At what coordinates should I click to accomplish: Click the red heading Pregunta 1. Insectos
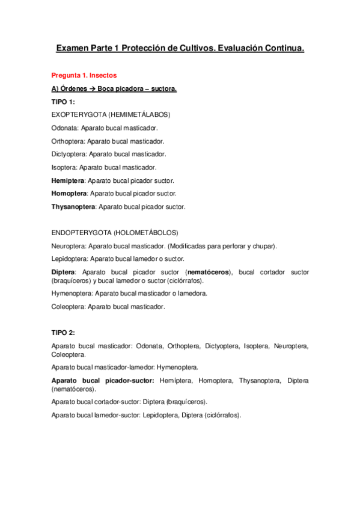(x=84, y=76)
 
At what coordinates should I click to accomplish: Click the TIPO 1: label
(x=63, y=102)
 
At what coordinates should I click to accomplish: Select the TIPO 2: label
(x=63, y=333)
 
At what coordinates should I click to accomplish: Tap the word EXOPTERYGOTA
(x=79, y=114)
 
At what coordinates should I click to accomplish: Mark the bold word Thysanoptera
(x=73, y=207)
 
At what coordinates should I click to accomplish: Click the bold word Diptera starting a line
(x=63, y=272)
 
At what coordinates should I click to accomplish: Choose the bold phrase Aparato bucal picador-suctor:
(x=103, y=381)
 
